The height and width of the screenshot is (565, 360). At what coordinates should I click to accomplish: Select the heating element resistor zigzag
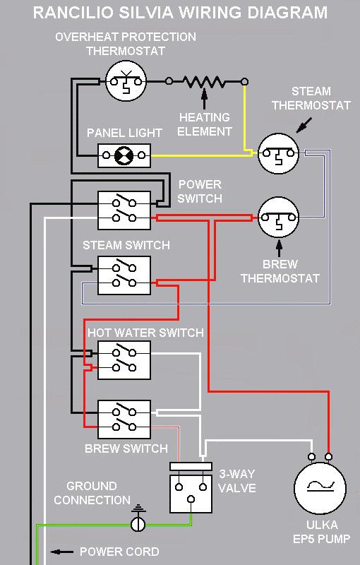click(204, 82)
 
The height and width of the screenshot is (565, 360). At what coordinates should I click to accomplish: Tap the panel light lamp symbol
click(124, 155)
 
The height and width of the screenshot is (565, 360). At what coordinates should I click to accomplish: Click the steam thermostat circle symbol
click(278, 153)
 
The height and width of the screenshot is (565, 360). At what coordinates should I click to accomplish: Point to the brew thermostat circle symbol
click(278, 218)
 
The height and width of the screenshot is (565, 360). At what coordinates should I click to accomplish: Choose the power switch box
click(124, 210)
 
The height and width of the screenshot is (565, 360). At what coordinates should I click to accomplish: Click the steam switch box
click(124, 275)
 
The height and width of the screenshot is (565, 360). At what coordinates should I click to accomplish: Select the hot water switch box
click(124, 360)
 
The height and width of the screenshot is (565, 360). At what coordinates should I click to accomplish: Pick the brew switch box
click(124, 420)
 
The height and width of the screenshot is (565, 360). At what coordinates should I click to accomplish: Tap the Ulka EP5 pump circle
click(320, 488)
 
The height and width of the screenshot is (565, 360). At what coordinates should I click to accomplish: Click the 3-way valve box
click(191, 487)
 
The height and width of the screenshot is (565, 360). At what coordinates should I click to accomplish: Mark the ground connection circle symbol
click(138, 524)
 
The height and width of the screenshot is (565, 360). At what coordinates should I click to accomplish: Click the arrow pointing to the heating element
click(205, 99)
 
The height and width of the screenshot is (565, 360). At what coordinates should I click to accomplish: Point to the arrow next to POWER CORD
click(61, 552)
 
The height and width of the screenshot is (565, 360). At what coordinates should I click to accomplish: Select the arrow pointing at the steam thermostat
click(304, 126)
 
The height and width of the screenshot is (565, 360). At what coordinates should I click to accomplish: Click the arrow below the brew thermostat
click(279, 249)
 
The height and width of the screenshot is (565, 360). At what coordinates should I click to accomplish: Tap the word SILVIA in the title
click(146, 13)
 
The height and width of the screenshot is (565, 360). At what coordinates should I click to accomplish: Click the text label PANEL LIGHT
click(124, 133)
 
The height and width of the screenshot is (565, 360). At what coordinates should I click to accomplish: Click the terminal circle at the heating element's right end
click(244, 82)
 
